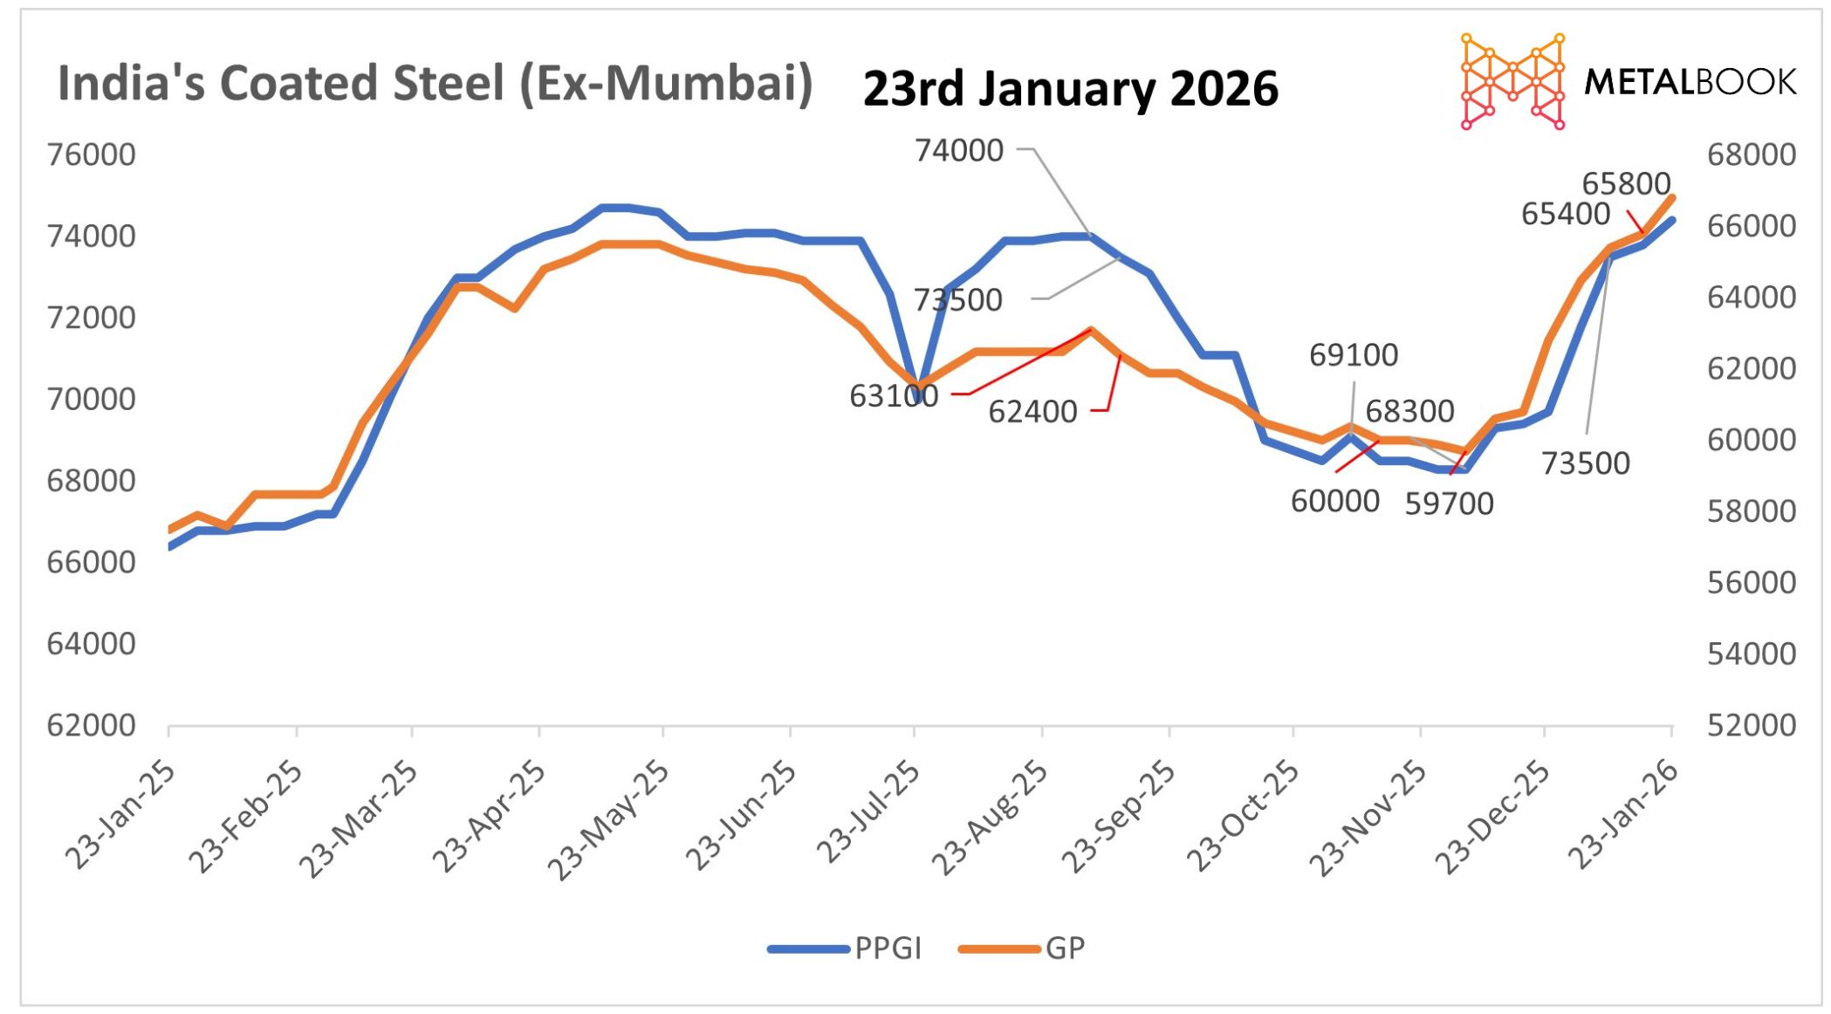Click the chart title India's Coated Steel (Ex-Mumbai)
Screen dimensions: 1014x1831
coord(435,84)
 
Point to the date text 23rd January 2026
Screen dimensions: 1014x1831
coord(1070,89)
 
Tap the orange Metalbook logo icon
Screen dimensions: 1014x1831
coord(1512,81)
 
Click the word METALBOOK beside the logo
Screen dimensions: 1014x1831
coord(1690,82)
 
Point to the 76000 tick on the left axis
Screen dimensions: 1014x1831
coord(91,155)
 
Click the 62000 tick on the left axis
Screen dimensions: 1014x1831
coord(91,725)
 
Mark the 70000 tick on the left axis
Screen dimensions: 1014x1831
coord(91,400)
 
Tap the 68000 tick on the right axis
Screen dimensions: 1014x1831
coord(1751,155)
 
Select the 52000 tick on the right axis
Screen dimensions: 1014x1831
coord(1751,725)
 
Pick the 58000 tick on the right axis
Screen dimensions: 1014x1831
coord(1751,511)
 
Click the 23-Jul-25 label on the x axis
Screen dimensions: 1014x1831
coord(868,813)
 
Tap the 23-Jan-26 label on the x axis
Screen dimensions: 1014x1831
coord(1623,815)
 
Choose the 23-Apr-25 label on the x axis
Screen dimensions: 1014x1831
coord(489,818)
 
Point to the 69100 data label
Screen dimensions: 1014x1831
coord(1353,355)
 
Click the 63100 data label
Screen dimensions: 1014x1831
coord(893,396)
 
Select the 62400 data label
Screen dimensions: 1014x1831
coord(1032,412)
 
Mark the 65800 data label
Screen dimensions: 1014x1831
coord(1625,184)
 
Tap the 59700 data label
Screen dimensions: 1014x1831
coord(1448,504)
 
